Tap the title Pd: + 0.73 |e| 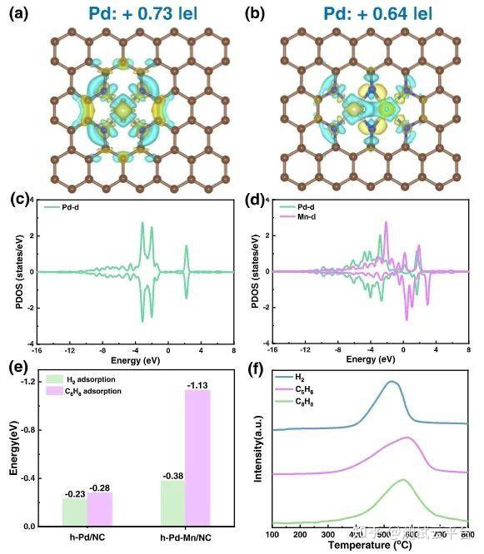[132, 13]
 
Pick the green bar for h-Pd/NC [74, 511]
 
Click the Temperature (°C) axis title [367, 545]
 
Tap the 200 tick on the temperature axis [300, 533]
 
